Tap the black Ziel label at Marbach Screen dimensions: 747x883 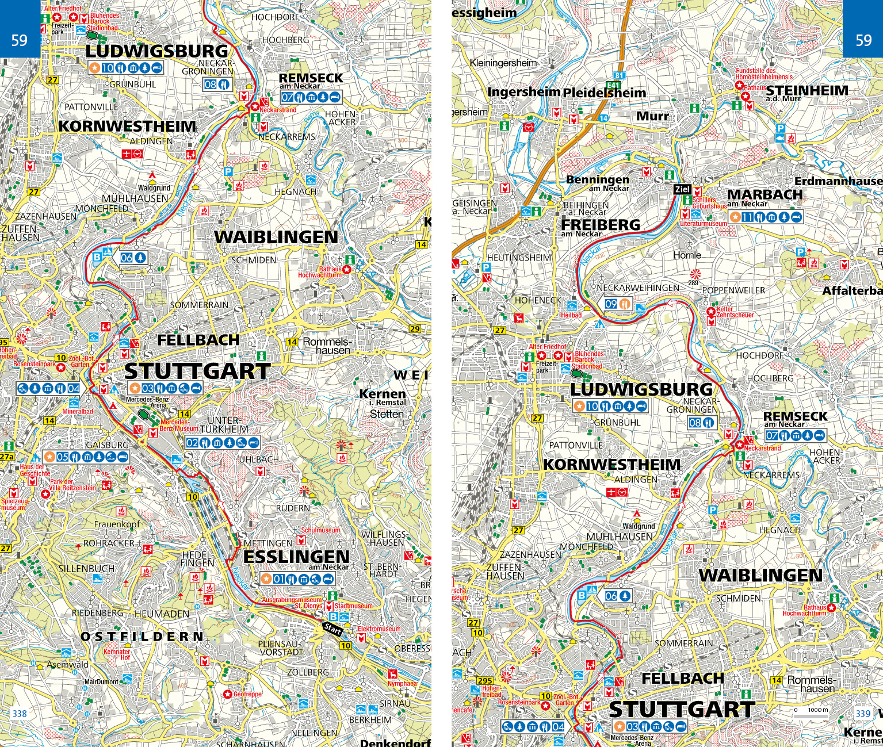point(682,189)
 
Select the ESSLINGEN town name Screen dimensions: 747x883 point(296,557)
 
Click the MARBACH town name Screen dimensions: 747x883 point(764,194)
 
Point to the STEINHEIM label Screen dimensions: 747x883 point(807,90)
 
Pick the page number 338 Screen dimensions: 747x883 point(20,714)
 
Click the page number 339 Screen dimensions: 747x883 point(862,714)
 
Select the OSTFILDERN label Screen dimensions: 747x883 point(142,637)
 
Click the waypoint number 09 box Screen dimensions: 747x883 point(611,304)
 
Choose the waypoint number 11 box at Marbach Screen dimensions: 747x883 point(747,217)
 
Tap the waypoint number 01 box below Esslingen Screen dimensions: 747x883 point(279,579)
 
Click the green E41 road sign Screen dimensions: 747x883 point(618,84)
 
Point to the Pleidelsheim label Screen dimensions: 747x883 point(604,93)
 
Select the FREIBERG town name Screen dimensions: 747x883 point(600,225)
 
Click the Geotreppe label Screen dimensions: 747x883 point(247,694)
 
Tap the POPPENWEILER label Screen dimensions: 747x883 point(733,290)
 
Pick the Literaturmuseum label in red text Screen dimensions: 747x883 point(703,223)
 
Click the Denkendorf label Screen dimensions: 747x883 point(395,742)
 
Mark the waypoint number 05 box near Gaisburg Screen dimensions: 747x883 point(62,457)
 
